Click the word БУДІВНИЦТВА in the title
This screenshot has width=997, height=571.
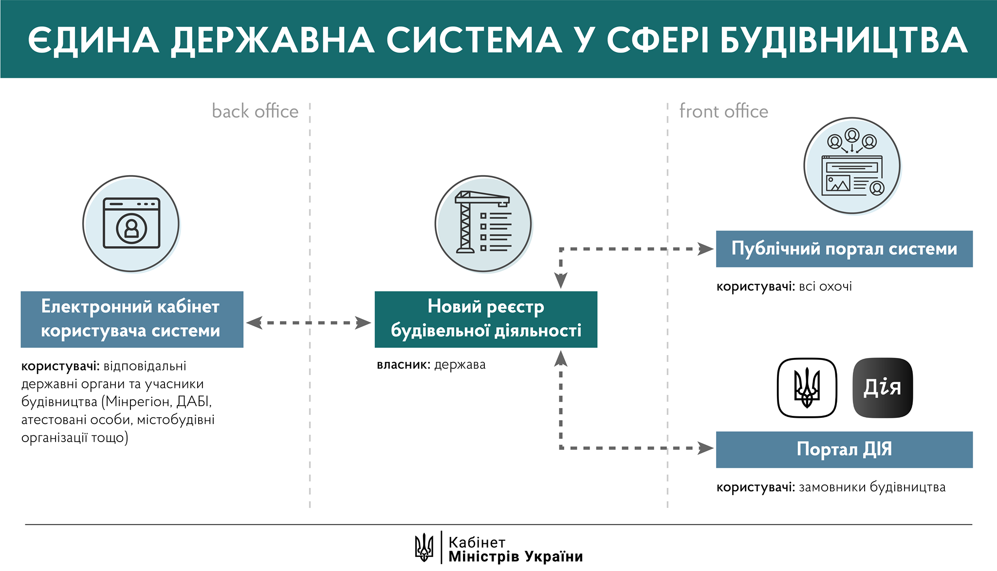(844, 40)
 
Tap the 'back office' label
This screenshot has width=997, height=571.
(255, 111)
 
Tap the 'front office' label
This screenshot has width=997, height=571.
(723, 111)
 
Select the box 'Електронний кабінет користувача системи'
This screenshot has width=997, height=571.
(132, 319)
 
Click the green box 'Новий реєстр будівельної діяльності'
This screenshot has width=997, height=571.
(486, 319)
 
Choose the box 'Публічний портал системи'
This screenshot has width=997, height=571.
(844, 249)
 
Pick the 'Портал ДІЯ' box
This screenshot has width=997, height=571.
(844, 449)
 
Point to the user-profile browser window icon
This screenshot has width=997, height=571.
(131, 223)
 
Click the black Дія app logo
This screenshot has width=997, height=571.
(883, 388)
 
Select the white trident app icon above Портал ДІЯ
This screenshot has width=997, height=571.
(807, 388)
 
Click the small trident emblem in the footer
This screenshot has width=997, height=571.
(424, 547)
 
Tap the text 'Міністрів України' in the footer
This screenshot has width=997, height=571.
(516, 557)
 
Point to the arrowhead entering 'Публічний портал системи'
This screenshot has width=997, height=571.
(705, 249)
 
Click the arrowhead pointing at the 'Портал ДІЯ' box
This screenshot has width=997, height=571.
(705, 448)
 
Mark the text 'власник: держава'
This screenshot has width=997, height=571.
(431, 365)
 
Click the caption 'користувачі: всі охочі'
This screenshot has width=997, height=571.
(784, 286)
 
